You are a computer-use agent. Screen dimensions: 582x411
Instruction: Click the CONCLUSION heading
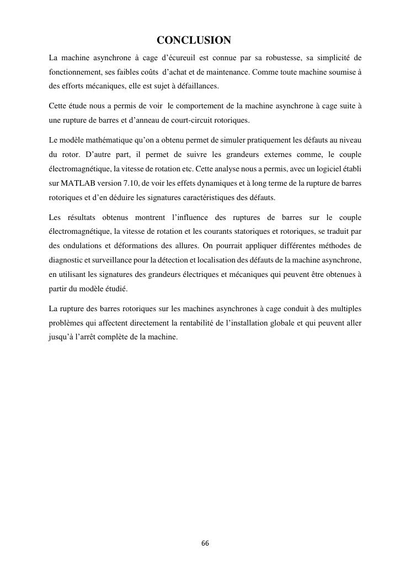(194, 40)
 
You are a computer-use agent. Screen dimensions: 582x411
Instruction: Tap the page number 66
(205, 543)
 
